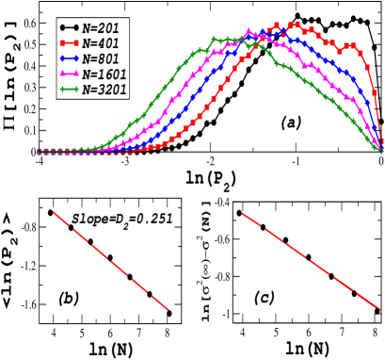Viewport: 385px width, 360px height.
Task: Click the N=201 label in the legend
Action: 101,28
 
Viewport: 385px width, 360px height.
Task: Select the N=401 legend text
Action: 101,43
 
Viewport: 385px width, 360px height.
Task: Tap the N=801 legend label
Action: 101,58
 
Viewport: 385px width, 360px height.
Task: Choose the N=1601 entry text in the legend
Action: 104,74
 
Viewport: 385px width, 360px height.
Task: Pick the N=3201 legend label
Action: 104,90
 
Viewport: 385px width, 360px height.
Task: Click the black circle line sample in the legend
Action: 69,28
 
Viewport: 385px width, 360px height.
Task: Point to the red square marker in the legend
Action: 69,43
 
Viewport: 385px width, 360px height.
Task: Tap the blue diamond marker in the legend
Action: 69,58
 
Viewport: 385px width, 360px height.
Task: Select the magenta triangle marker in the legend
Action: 69,74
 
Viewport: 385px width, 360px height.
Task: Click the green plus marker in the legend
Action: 69,90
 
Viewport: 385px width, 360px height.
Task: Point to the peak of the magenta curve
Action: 249,34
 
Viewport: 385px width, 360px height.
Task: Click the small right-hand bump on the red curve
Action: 351,45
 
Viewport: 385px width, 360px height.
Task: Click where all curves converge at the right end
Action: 381,149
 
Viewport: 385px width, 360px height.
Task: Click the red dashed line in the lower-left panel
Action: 108,258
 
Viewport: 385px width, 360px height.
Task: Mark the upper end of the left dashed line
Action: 52,210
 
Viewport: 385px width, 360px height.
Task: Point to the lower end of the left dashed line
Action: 168,308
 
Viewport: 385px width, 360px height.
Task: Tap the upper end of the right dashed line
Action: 243,214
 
